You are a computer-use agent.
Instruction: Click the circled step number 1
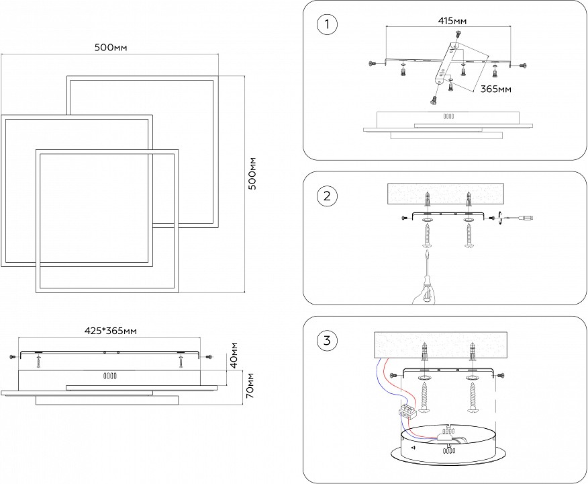tap(327, 26)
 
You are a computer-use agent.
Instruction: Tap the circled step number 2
tap(327, 196)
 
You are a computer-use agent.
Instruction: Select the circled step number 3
tap(327, 340)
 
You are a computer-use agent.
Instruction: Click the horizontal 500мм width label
tap(111, 47)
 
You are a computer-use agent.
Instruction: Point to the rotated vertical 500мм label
tap(252, 174)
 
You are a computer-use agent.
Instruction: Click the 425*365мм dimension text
tap(111, 331)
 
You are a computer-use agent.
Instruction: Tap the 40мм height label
tap(232, 354)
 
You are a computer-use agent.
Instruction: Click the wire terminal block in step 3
tap(407, 410)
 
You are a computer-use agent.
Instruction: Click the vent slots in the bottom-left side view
tap(109, 377)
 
